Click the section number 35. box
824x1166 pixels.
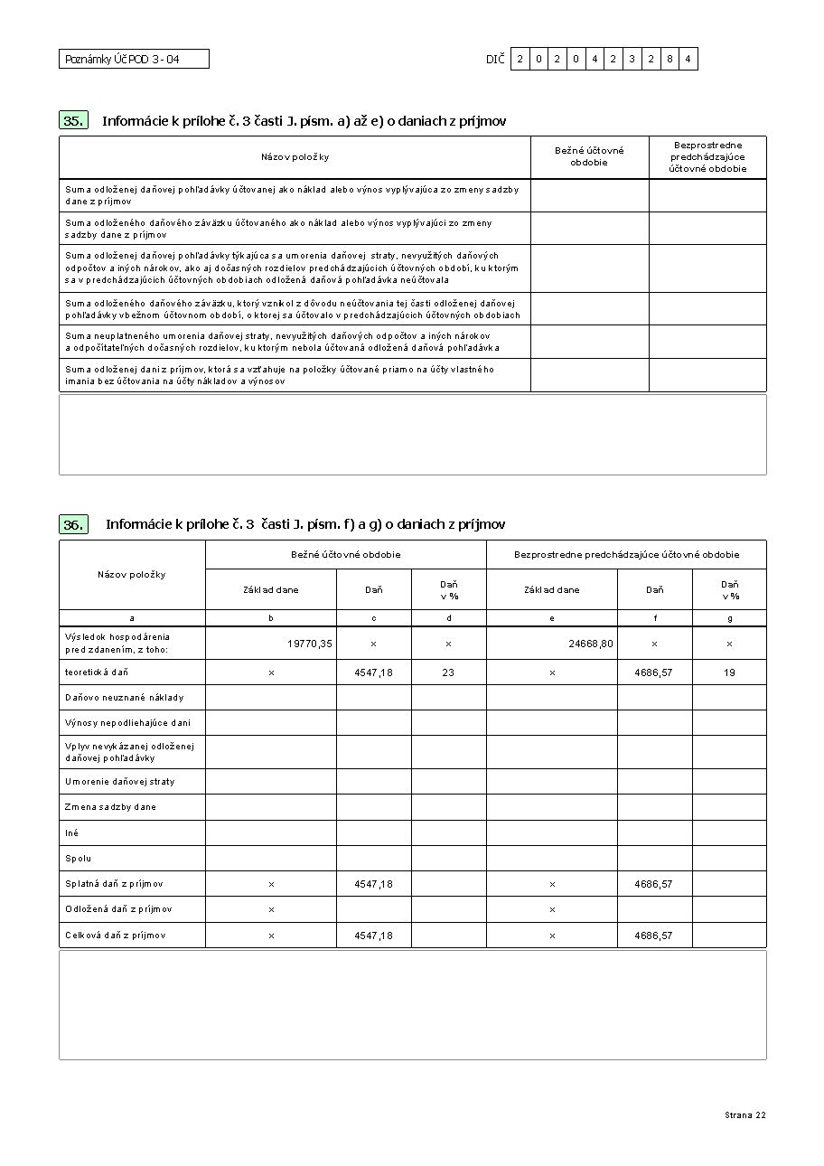click(74, 120)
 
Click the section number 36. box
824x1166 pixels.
click(74, 524)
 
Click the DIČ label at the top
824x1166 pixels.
click(494, 60)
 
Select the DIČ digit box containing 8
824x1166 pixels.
click(669, 60)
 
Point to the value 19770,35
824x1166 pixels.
click(310, 644)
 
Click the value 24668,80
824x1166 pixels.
click(591, 644)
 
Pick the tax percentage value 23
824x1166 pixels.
click(448, 672)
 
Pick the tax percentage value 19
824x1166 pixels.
click(729, 672)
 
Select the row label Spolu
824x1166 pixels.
click(79, 858)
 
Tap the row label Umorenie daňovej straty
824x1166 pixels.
click(120, 781)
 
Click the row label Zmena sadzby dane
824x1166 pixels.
click(110, 806)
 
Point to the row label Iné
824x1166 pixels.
click(72, 832)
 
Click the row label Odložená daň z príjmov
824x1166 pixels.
click(118, 909)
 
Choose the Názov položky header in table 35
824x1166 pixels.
click(295, 157)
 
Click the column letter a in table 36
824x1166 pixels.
click(132, 618)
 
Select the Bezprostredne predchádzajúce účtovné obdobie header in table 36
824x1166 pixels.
click(626, 554)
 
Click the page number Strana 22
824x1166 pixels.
click(744, 1115)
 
